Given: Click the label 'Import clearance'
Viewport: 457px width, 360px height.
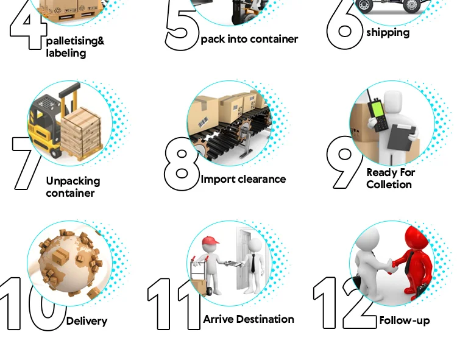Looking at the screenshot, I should (243, 179).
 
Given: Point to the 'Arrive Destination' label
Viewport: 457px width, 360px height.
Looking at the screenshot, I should (249, 319).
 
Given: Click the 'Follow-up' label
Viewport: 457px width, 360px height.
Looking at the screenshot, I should (405, 320).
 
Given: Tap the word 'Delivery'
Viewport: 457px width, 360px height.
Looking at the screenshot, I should (87, 321).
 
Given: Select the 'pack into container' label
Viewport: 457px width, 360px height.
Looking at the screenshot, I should (249, 39).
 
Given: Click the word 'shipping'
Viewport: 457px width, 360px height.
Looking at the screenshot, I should (388, 32).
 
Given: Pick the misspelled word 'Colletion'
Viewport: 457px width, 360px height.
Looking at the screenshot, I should (389, 185).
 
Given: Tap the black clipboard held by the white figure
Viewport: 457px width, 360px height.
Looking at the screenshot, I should (402, 136).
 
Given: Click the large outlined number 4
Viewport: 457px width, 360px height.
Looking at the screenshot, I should (28, 27).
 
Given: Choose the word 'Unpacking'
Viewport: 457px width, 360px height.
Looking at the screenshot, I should (73, 181).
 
